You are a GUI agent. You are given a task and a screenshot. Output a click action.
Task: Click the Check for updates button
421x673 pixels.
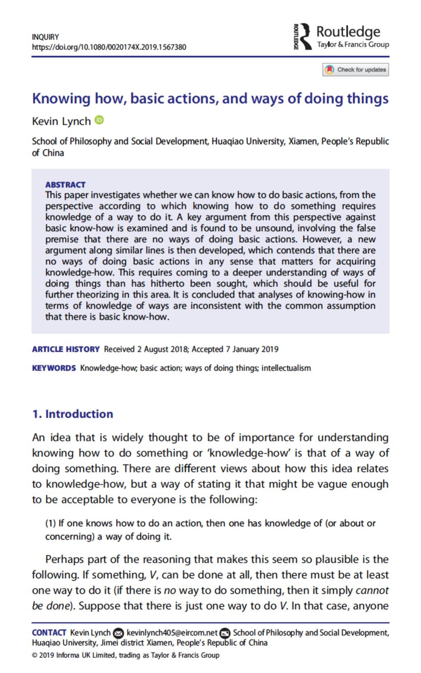[356, 70]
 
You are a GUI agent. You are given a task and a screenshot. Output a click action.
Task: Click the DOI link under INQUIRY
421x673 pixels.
[109, 47]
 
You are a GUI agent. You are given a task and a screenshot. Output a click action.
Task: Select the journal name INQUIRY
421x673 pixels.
[45, 37]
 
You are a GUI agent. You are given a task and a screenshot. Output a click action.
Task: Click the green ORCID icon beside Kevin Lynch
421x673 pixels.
[99, 120]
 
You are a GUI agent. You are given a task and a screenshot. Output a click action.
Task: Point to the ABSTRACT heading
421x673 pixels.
[65, 184]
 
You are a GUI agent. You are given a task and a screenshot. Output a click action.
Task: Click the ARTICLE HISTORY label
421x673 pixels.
[66, 349]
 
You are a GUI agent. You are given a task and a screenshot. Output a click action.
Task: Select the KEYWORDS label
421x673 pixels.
[54, 368]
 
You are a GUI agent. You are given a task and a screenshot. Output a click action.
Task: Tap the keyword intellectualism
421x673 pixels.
[286, 368]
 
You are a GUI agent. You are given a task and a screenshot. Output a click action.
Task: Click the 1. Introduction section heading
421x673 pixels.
[72, 414]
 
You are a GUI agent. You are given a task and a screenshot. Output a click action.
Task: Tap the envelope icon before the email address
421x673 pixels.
[118, 633]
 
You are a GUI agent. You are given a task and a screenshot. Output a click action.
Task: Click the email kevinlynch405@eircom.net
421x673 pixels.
[172, 633]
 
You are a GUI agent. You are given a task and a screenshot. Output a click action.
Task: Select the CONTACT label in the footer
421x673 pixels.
[49, 633]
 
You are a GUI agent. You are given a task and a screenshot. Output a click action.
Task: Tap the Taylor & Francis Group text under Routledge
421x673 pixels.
[353, 44]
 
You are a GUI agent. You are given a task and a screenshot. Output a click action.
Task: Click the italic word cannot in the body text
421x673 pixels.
[372, 590]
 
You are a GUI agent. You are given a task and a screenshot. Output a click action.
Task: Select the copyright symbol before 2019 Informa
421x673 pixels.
[35, 655]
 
